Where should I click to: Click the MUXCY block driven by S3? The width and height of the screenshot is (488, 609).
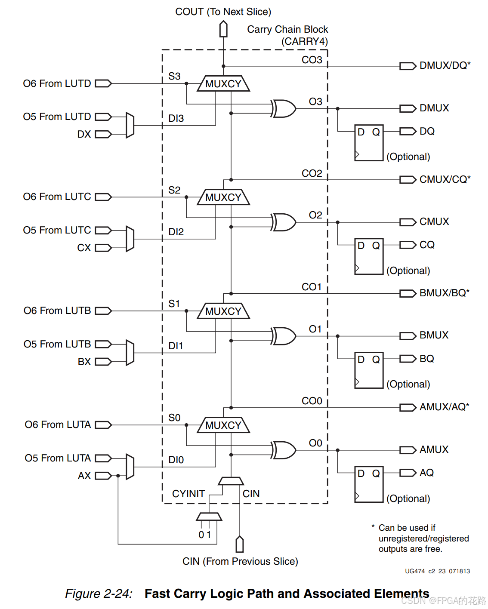tap(223, 84)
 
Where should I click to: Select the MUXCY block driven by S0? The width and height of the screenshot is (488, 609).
tap(223, 425)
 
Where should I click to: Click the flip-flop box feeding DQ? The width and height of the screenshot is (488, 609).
tap(369, 143)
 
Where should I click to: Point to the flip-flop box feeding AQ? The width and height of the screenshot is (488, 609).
tap(369, 484)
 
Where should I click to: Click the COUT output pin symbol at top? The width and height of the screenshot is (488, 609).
tap(223, 30)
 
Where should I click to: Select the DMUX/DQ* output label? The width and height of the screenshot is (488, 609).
tap(445, 65)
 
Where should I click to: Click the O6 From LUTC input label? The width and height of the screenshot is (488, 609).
tap(57, 197)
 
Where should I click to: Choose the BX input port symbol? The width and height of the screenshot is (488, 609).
tap(103, 362)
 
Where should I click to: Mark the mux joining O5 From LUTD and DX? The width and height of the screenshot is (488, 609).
tap(130, 125)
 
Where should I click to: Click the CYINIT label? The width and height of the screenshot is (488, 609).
tap(188, 494)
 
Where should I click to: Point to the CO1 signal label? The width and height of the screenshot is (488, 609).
tap(312, 287)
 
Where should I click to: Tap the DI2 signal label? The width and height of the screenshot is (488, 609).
tap(176, 232)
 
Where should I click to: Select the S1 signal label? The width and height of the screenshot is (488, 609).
tap(174, 304)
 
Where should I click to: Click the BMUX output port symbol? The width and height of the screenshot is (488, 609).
tap(408, 336)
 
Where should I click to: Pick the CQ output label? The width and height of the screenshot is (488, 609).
tap(427, 245)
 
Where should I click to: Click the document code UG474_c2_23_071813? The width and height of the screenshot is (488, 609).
tap(437, 571)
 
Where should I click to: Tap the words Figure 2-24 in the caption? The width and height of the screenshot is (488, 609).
tap(99, 594)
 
